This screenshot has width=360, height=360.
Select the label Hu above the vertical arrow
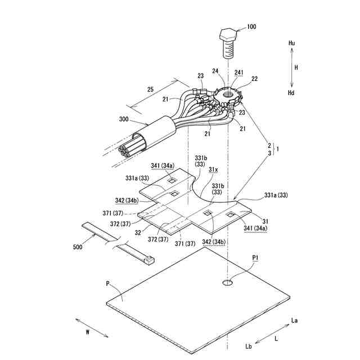point(291,43)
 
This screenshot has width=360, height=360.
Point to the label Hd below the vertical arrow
point(291,92)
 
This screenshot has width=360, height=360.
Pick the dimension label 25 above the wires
point(150,89)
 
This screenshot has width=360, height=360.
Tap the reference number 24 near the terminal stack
point(215,71)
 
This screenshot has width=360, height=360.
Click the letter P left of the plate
point(107,284)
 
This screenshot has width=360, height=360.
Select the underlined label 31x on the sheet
point(213,169)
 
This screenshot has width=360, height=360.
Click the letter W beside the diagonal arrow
point(88,332)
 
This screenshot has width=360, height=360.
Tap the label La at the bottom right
point(294,320)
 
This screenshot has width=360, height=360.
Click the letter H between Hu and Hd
point(296,67)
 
